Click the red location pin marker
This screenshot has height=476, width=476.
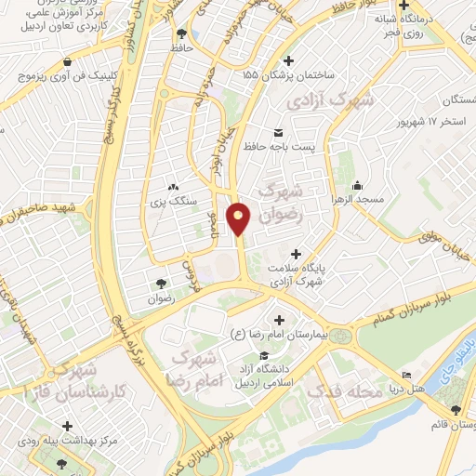240,217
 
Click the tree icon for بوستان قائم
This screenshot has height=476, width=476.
456,410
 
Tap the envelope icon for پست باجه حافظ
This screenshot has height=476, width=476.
277,131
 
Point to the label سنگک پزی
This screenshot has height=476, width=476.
171,198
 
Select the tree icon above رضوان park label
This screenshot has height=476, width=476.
162,283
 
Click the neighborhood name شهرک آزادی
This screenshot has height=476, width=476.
331,100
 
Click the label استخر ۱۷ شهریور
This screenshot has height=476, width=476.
436,123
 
